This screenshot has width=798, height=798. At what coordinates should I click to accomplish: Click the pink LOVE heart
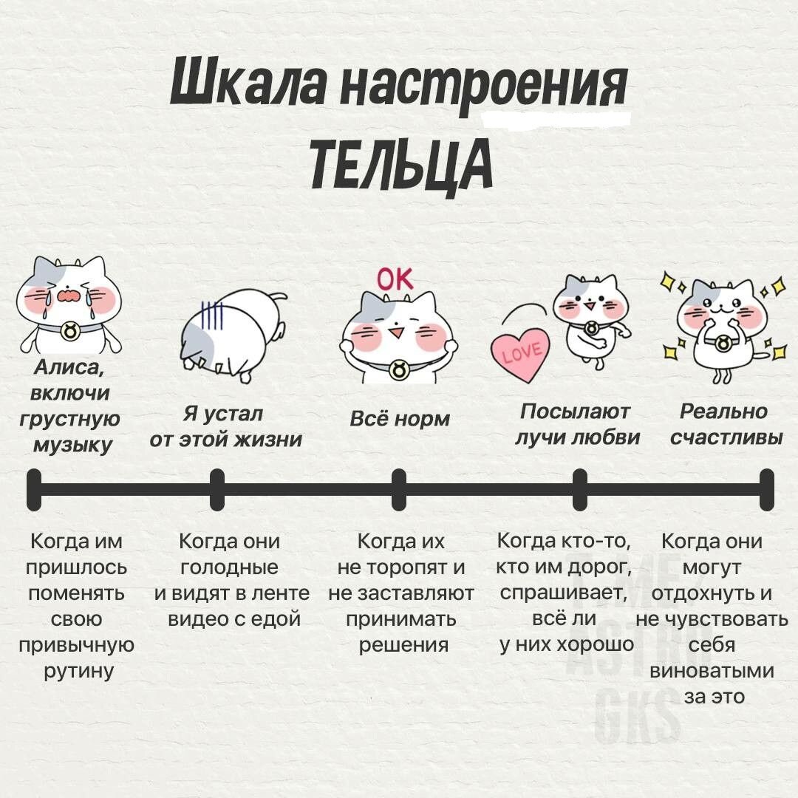click(x=522, y=354)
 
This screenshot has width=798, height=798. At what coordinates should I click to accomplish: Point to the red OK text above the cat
click(x=396, y=279)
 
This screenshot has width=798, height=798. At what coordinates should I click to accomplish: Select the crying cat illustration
click(x=69, y=305)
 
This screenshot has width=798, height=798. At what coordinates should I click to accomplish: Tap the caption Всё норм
click(x=399, y=419)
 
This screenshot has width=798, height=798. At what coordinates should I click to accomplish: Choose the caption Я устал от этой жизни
click(x=225, y=426)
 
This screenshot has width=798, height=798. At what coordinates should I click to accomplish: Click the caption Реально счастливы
click(x=726, y=424)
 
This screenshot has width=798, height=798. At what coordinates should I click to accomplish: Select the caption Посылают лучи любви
click(x=577, y=424)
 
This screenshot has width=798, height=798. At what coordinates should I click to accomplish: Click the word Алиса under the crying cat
click(x=70, y=368)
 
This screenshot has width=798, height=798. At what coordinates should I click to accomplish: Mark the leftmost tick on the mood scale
click(x=34, y=489)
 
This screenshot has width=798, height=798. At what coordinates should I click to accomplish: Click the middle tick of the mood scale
click(x=399, y=489)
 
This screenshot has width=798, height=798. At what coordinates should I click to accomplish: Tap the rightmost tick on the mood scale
click(x=766, y=489)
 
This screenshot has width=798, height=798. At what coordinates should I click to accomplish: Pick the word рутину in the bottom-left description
click(x=76, y=671)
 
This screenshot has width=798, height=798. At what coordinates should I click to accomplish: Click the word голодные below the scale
click(x=230, y=567)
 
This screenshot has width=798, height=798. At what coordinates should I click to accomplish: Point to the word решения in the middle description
click(x=403, y=644)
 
